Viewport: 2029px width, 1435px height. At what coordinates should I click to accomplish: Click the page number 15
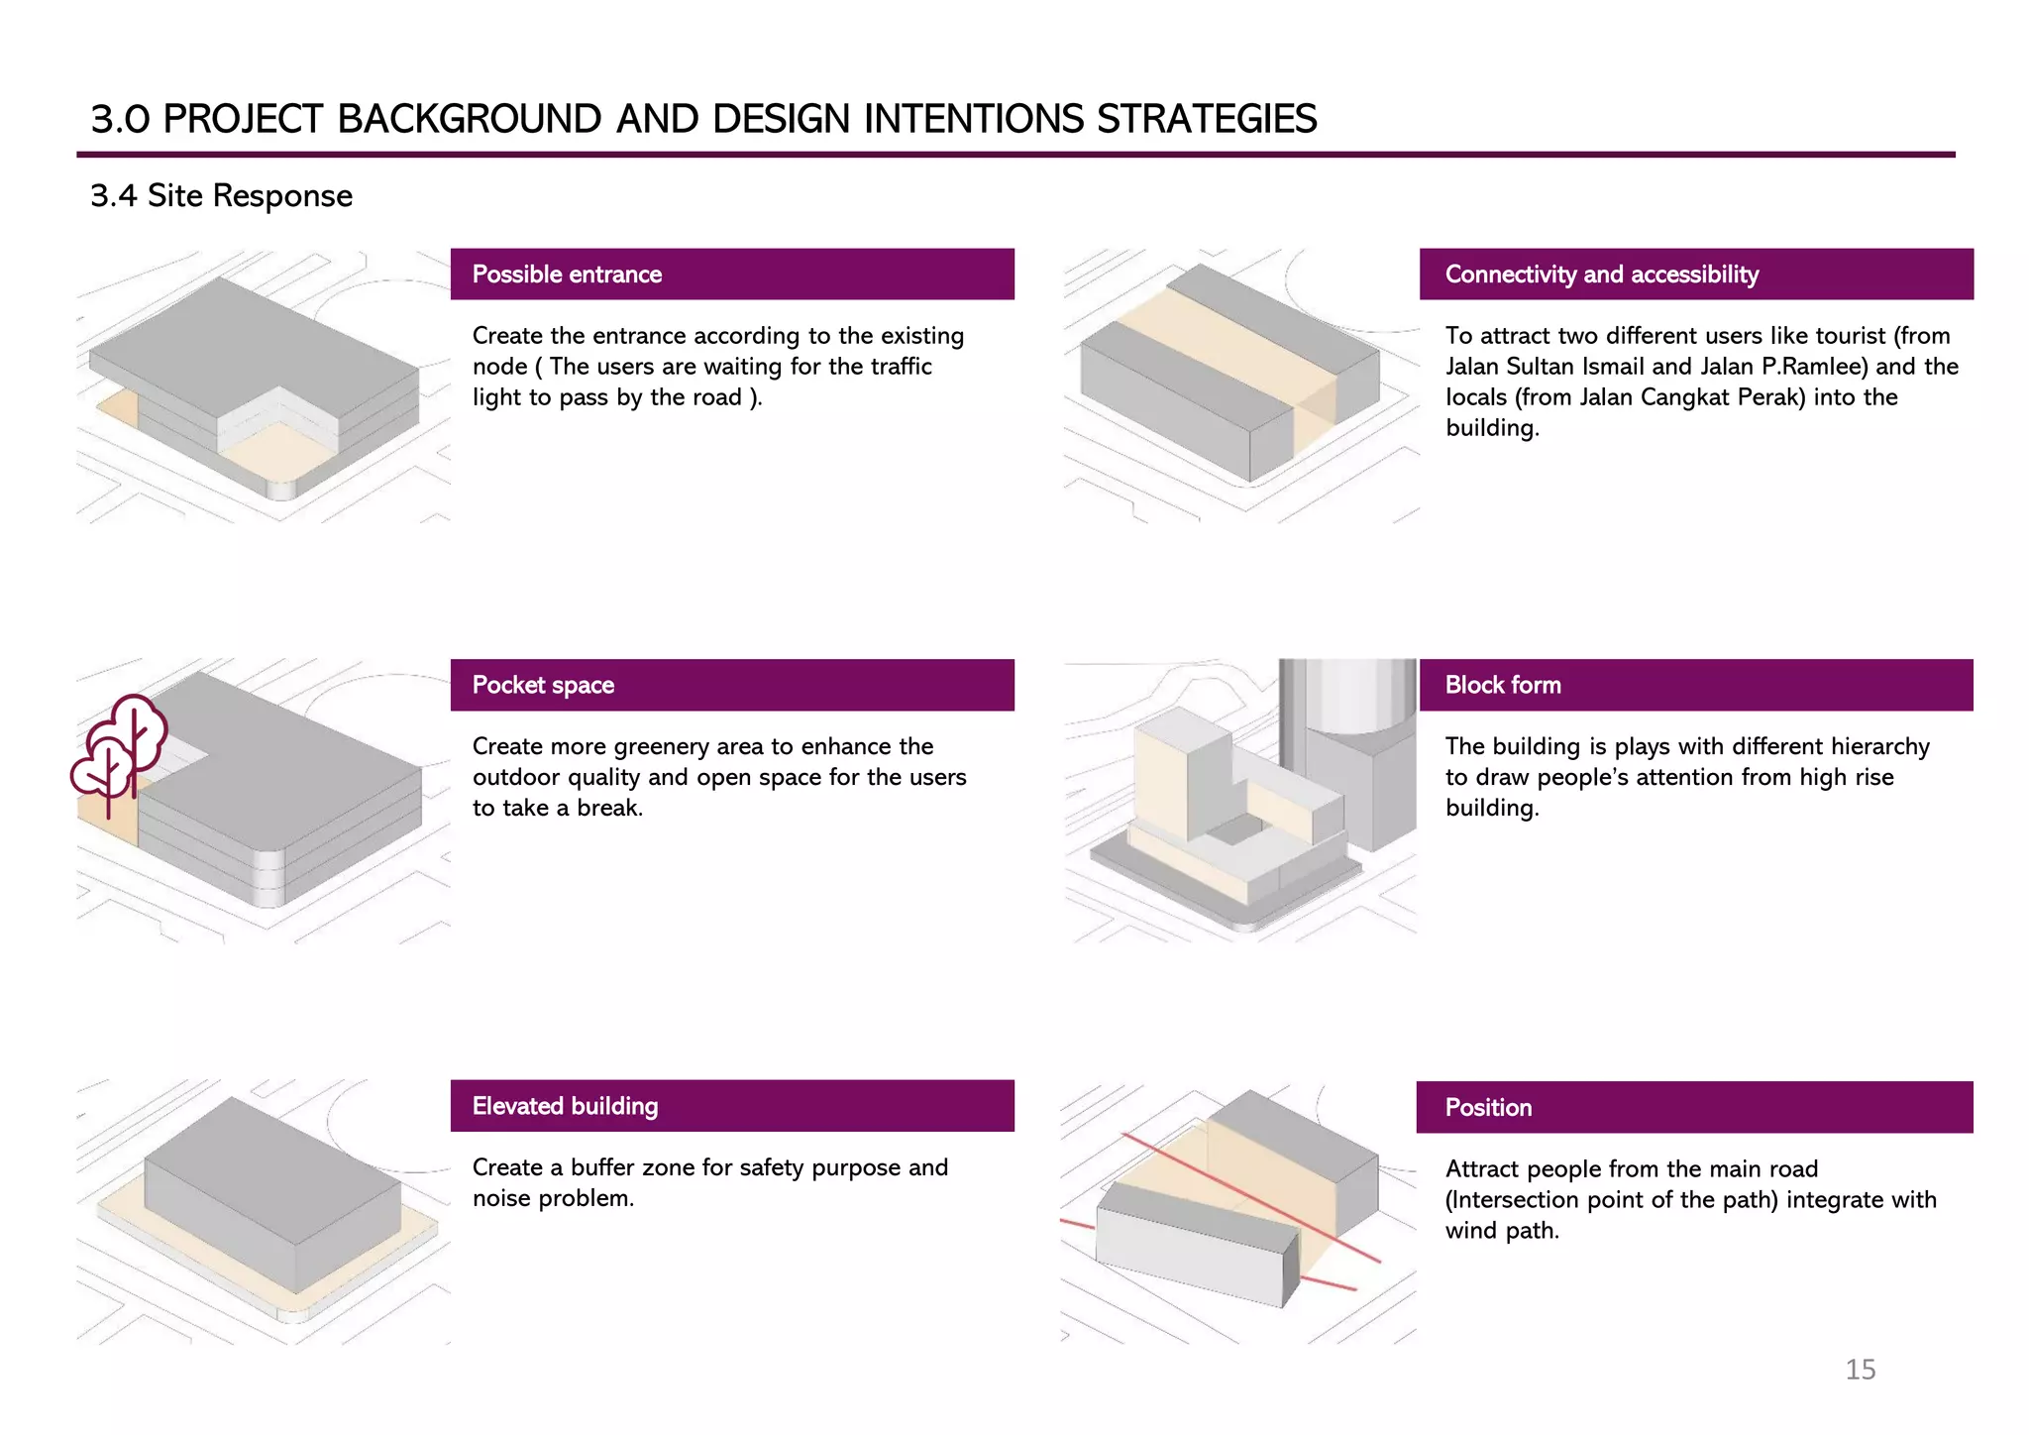point(1860,1369)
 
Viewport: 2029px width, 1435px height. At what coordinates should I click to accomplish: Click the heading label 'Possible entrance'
point(567,275)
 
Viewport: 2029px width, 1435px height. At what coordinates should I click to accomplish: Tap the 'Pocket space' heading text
point(543,685)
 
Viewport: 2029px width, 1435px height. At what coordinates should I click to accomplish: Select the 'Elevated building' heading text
point(565,1106)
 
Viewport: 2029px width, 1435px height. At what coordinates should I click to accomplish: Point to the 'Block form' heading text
point(1502,685)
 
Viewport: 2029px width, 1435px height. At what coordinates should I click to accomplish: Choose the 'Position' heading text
point(1488,1107)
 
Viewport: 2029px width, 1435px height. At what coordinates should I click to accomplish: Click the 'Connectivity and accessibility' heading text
point(1601,275)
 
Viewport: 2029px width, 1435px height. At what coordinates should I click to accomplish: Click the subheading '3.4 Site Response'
point(221,195)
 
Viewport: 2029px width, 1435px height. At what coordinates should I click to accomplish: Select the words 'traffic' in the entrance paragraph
point(901,367)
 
